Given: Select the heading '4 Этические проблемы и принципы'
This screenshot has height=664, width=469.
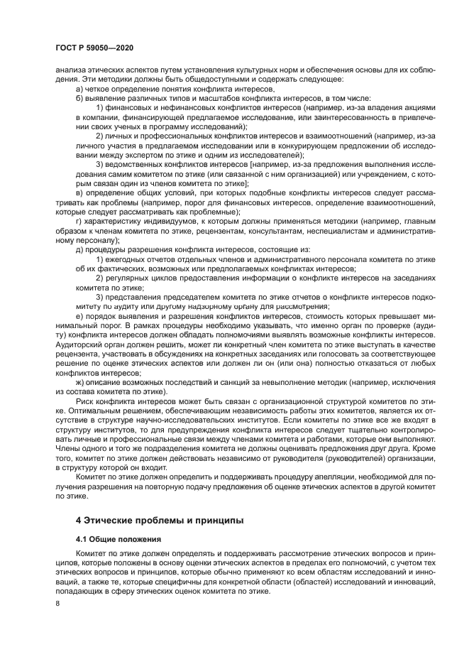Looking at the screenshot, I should (150, 520).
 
